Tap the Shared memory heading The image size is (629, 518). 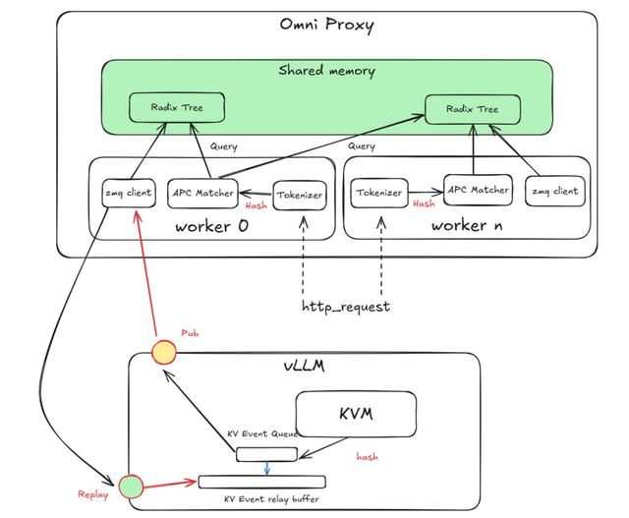[326, 71]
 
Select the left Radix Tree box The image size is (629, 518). [177, 107]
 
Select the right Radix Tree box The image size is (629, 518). [472, 110]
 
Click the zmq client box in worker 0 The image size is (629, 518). [129, 193]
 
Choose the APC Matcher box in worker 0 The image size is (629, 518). [201, 193]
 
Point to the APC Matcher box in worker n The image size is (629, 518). [478, 189]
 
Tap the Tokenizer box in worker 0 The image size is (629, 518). [298, 195]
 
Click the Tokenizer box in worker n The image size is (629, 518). [378, 194]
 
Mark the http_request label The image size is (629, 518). [345, 307]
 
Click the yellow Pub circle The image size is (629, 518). [163, 351]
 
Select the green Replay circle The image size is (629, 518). [131, 486]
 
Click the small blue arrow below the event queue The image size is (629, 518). [266, 468]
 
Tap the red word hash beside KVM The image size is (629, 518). [368, 457]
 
